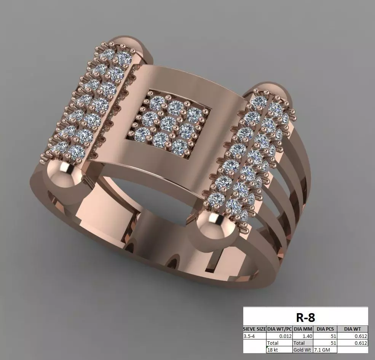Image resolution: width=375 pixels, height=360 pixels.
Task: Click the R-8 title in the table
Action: (x=306, y=317)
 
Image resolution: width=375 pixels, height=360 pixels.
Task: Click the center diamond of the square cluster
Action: (x=167, y=123)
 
